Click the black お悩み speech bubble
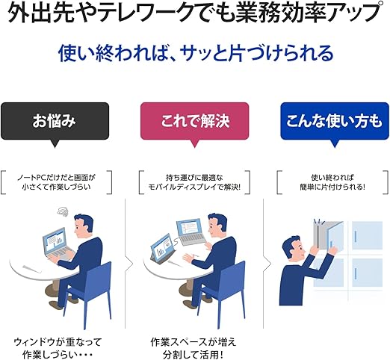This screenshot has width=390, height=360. (x=55, y=121)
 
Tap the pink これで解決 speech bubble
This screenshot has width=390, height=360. (x=194, y=121)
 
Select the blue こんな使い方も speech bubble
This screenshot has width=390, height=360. (x=335, y=121)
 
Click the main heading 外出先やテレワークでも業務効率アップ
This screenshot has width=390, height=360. (x=194, y=12)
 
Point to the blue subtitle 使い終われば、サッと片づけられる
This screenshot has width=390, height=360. (x=196, y=53)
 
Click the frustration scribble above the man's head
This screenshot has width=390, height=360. (x=62, y=211)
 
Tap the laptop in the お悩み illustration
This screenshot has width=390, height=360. (x=58, y=245)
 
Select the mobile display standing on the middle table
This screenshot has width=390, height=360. (x=162, y=249)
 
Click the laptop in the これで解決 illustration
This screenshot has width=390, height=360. (x=191, y=232)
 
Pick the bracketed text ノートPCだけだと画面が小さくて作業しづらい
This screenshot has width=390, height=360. (x=56, y=182)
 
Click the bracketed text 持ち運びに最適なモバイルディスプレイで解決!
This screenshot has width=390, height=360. (x=194, y=182)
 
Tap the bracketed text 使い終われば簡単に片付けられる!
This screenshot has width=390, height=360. (x=332, y=182)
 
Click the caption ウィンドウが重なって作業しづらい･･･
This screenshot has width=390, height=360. (x=58, y=348)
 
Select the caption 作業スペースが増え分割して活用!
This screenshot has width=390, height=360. (x=194, y=348)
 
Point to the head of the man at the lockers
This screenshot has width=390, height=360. (x=294, y=249)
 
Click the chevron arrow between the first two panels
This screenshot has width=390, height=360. (x=129, y=263)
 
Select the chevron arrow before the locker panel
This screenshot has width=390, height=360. (x=267, y=263)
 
